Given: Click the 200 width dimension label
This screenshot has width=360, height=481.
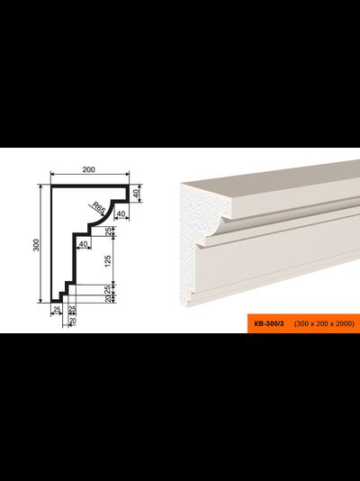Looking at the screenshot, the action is point(88,169).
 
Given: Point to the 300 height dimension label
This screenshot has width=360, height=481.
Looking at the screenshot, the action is point(37,244).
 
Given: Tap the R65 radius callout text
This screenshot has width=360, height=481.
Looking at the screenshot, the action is point(99,209).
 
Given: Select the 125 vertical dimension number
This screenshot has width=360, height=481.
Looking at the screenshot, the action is point(108,260).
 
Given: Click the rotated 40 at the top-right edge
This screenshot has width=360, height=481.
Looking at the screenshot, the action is point(137,193).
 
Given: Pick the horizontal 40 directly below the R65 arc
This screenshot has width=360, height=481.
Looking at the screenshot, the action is point(121,213).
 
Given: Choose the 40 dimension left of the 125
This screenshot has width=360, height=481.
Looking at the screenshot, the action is point(84,244).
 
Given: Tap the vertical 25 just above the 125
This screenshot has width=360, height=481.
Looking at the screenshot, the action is point(108,231).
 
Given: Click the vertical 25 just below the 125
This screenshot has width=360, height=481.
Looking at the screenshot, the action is point(108,289).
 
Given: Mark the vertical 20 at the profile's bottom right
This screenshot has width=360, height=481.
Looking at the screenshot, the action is point(108,298).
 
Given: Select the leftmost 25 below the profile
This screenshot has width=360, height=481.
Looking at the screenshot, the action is point(57,309).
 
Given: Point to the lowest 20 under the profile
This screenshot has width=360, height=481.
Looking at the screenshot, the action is point(72,321).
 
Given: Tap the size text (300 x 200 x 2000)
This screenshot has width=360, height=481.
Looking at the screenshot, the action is point(324,323).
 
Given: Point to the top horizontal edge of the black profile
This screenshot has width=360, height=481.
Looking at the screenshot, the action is point(89,186).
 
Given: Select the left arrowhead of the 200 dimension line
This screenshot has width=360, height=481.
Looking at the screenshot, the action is point(53,174).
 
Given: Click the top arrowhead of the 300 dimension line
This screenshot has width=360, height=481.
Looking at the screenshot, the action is point(40,186).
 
